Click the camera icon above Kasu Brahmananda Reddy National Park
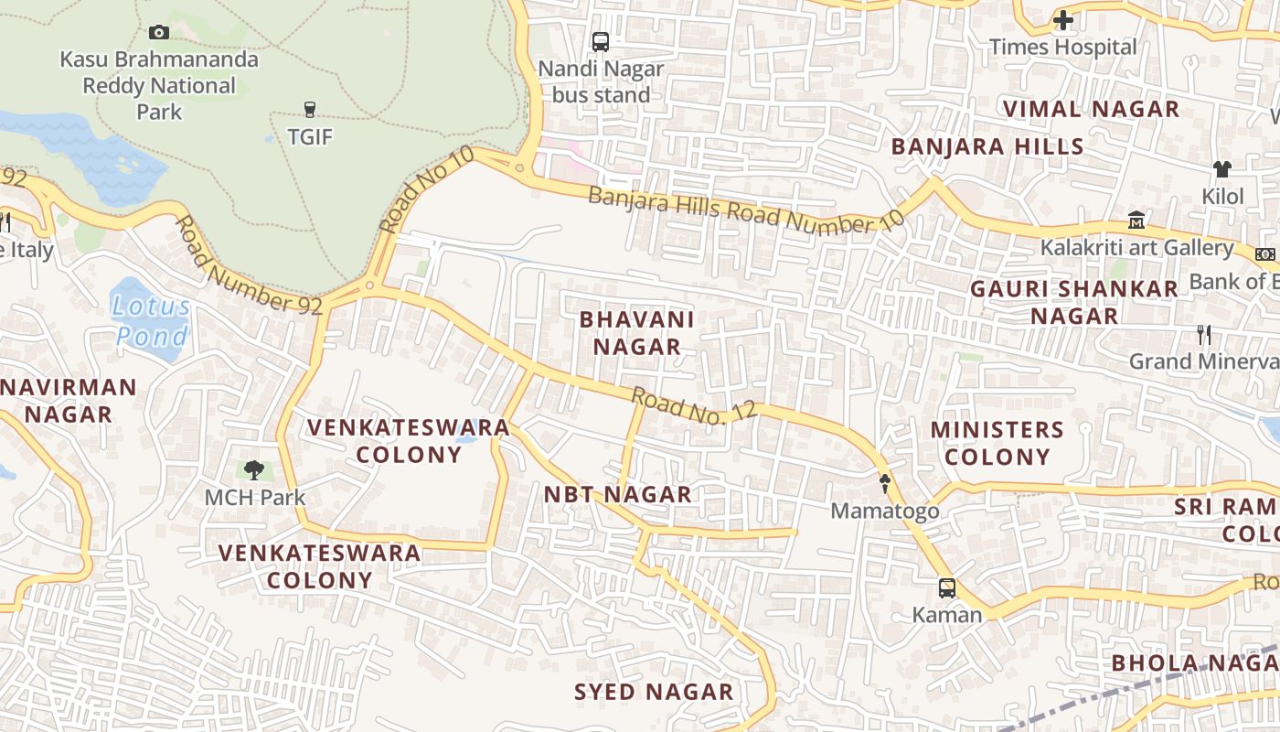159,33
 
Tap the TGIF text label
310,137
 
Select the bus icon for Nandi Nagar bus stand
601,41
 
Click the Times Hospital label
1062,47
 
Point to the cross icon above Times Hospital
1062,19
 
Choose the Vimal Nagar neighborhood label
1091,109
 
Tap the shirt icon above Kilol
1222,169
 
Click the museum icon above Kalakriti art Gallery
1136,221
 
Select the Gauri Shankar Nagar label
1074,302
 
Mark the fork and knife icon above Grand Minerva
1204,335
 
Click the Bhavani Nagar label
637,333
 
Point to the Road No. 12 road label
694,405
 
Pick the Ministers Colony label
997,443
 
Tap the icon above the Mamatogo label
884,483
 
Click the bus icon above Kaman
947,587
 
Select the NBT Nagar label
618,495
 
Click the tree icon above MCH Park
254,470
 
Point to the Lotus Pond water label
153,321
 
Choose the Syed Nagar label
654,692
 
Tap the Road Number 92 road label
248,265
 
